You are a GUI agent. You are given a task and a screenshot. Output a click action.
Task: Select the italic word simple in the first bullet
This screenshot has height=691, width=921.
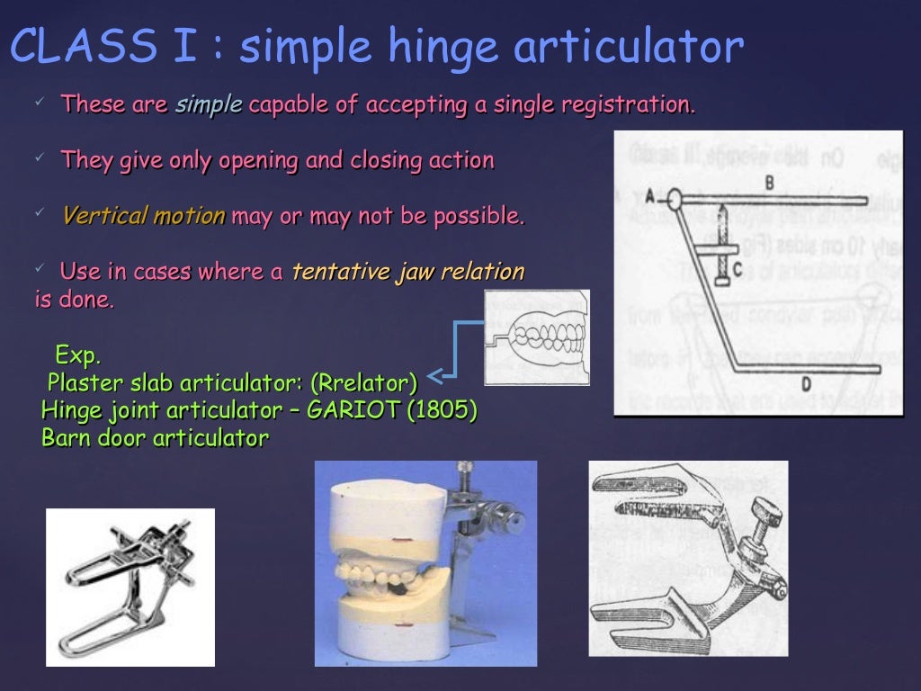(x=209, y=104)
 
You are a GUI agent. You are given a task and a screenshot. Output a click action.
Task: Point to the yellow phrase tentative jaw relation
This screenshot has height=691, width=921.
(x=408, y=272)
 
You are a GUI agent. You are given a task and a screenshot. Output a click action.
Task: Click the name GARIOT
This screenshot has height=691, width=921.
(x=353, y=411)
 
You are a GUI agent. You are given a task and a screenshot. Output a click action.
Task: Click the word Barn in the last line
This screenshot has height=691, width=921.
(x=66, y=439)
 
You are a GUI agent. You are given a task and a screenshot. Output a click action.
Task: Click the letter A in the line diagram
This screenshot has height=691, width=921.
(x=649, y=194)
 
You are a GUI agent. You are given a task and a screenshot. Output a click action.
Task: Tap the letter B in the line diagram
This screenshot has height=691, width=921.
(x=770, y=183)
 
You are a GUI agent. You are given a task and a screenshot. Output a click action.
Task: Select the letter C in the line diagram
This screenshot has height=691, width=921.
(x=736, y=267)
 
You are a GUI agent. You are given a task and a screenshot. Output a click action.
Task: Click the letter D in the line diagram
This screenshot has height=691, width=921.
(x=807, y=385)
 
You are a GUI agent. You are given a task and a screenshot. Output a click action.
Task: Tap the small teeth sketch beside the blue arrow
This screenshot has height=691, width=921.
(x=537, y=337)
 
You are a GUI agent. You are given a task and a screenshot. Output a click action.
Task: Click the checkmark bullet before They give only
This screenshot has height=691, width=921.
(x=40, y=158)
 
